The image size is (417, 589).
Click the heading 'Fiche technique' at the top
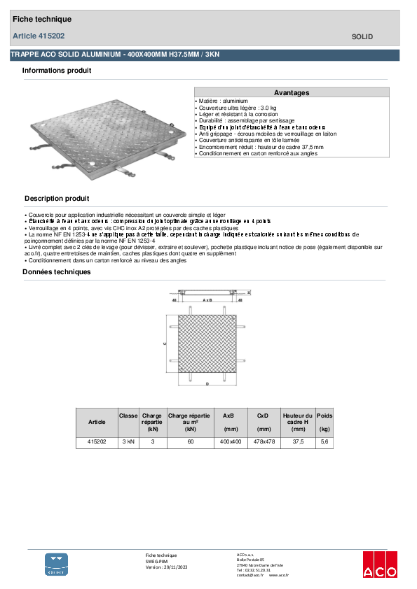(x=41, y=20)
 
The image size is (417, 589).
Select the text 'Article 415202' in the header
(x=39, y=36)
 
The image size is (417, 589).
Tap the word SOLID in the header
(x=362, y=36)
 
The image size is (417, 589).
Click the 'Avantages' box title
(x=291, y=92)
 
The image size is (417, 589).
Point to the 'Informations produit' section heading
(x=57, y=71)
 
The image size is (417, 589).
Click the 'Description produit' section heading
(x=57, y=199)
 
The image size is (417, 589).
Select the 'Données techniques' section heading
(x=57, y=271)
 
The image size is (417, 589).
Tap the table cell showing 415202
(x=97, y=442)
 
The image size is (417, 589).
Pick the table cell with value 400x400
(x=231, y=442)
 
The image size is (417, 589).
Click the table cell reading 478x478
(x=264, y=442)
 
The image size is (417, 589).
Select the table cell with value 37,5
(x=299, y=442)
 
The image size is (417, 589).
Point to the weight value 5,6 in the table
(x=324, y=442)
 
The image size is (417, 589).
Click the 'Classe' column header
(x=128, y=416)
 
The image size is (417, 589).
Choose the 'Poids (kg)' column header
(x=324, y=422)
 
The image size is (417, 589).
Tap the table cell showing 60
(x=189, y=442)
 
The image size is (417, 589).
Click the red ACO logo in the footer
(x=380, y=565)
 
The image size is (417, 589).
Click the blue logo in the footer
(x=57, y=564)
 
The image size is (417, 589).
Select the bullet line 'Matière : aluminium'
(x=222, y=101)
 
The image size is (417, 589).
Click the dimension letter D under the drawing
(x=207, y=384)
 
